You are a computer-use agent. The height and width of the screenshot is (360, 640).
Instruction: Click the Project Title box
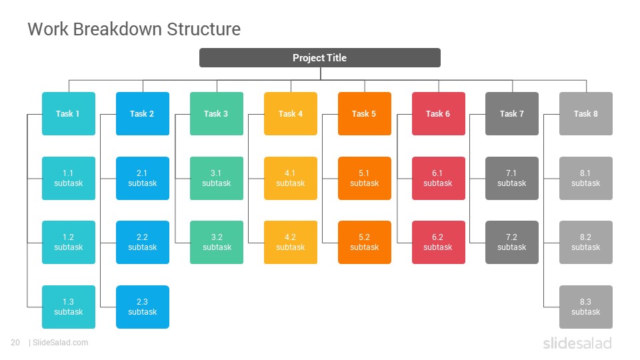tap(319, 57)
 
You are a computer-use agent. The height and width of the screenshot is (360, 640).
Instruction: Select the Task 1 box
tap(69, 113)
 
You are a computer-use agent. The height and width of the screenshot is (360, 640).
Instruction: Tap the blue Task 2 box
tap(143, 113)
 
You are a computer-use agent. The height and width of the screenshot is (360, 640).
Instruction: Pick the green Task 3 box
tap(216, 113)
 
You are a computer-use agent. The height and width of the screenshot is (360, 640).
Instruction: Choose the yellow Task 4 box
tap(291, 113)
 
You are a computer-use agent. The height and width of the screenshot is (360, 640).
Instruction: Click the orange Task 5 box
tap(365, 113)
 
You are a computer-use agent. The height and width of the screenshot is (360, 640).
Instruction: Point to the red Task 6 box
tap(439, 113)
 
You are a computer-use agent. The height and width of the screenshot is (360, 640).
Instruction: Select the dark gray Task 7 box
tap(512, 113)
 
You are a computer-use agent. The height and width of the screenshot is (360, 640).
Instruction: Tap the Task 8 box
tap(586, 113)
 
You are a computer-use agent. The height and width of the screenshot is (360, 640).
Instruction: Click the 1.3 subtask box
tap(69, 307)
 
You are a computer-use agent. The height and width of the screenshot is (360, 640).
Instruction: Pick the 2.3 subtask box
tap(143, 307)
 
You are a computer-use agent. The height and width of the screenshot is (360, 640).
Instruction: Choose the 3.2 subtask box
tap(216, 243)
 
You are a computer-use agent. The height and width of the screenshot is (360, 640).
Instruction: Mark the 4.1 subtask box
tap(291, 179)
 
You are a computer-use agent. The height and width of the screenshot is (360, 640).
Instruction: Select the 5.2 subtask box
tap(365, 243)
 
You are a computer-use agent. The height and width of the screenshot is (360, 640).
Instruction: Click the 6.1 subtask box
tap(439, 179)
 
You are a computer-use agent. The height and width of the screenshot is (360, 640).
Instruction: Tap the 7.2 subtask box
tap(512, 243)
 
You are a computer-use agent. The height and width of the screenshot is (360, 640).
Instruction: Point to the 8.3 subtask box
tap(586, 307)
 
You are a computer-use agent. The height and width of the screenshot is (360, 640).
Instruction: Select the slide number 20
tap(15, 343)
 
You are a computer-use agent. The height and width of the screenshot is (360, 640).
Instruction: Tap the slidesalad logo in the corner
tap(577, 343)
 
